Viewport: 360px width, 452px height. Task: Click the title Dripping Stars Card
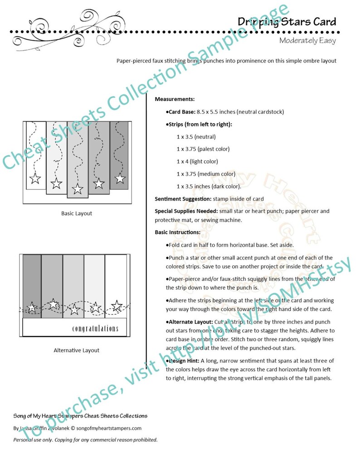click(x=287, y=21)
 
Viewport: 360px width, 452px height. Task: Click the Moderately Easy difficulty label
click(x=307, y=41)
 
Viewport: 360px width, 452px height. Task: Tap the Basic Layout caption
click(x=77, y=213)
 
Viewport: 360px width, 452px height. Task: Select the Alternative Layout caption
click(x=77, y=350)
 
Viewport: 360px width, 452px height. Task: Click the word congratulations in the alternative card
click(x=95, y=328)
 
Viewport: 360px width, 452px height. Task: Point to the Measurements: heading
click(x=175, y=99)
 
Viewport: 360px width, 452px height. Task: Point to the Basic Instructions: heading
click(x=177, y=232)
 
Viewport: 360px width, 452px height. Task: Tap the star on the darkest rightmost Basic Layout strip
click(x=120, y=178)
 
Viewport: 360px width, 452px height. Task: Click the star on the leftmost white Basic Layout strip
click(x=35, y=178)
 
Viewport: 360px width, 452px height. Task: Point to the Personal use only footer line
click(x=85, y=440)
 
